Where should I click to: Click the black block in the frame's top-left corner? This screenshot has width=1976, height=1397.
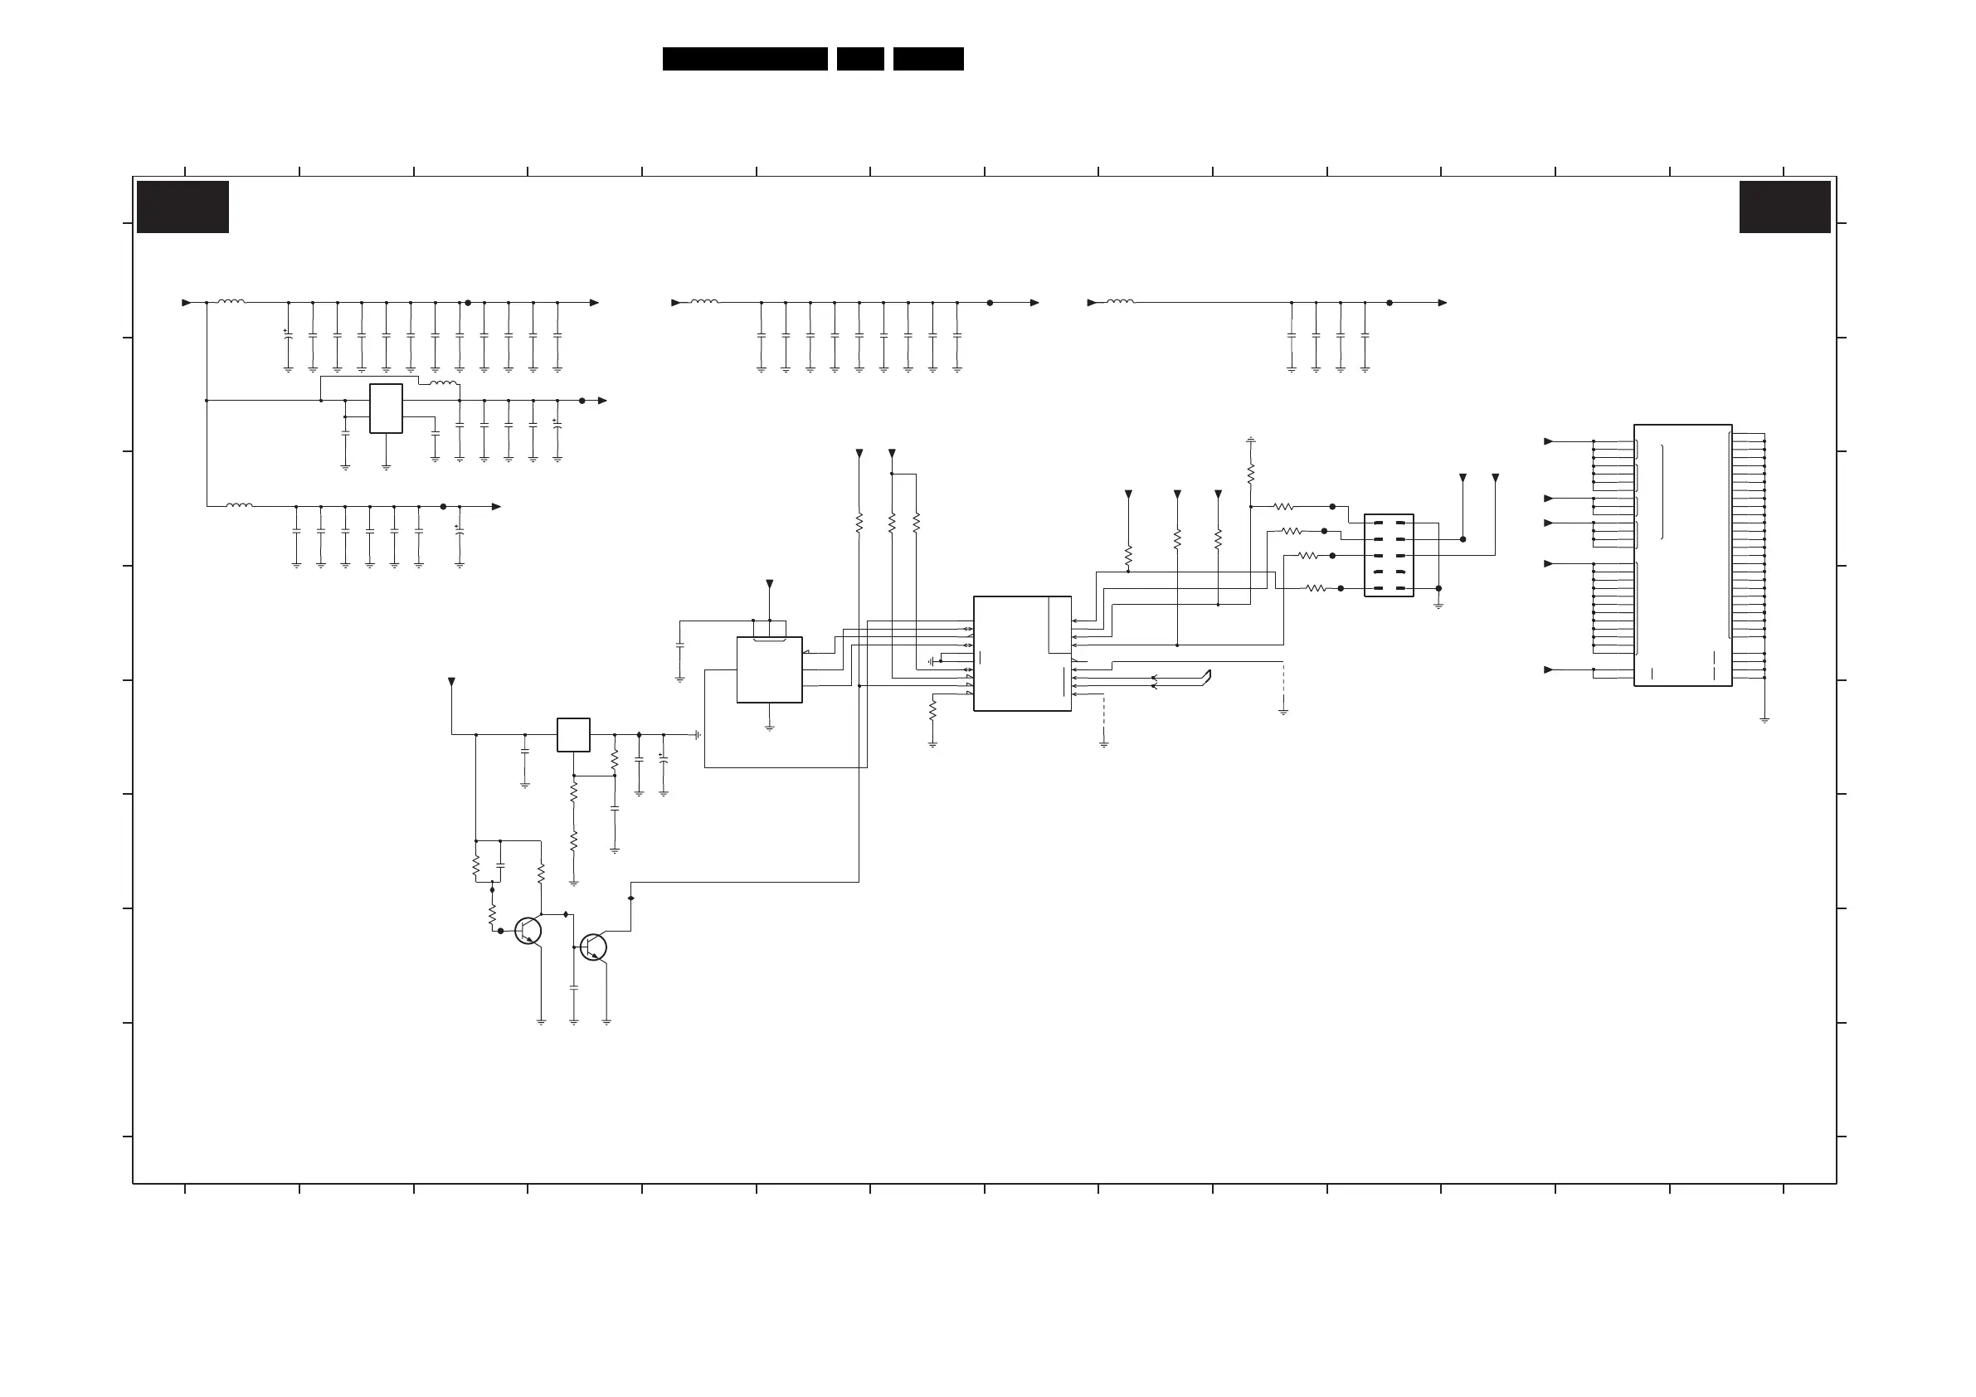coord(183,207)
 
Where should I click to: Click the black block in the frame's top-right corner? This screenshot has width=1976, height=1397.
coord(1784,207)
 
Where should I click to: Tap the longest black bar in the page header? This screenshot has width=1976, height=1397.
coord(744,59)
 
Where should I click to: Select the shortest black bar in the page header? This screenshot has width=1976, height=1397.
coord(859,59)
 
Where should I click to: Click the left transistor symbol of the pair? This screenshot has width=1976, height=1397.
coord(528,931)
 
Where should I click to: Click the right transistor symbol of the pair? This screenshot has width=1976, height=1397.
coord(593,947)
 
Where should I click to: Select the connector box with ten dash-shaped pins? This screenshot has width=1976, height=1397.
coord(1388,555)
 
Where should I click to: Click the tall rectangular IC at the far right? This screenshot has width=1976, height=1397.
coord(1682,555)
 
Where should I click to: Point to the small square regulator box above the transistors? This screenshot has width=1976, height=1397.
coord(573,735)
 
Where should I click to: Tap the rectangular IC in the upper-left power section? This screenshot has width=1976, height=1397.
coord(386,408)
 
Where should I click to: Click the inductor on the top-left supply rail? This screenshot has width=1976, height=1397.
coord(231,301)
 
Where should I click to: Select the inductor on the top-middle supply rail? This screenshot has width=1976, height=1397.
coord(704,301)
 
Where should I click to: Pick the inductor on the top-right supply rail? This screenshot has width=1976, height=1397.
coord(1120,301)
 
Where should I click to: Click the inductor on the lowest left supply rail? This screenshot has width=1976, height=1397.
coord(239,505)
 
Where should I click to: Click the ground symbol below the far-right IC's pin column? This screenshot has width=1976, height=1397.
coord(1764,719)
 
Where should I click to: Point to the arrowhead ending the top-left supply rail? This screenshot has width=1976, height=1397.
coord(594,303)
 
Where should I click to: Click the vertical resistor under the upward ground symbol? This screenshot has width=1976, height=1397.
coord(1250,473)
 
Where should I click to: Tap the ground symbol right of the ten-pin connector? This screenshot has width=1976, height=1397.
coord(1438,606)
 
